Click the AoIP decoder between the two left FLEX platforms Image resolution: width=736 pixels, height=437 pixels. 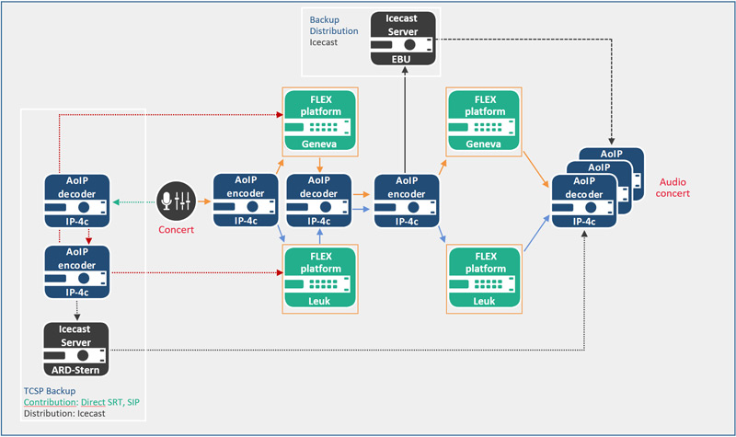(318, 200)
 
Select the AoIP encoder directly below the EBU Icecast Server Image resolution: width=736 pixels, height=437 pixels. (406, 200)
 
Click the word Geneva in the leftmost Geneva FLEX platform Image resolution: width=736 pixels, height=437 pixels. (318, 144)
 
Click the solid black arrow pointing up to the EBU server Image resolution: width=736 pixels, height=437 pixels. (406, 120)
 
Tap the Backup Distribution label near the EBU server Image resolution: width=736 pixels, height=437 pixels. (333, 25)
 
